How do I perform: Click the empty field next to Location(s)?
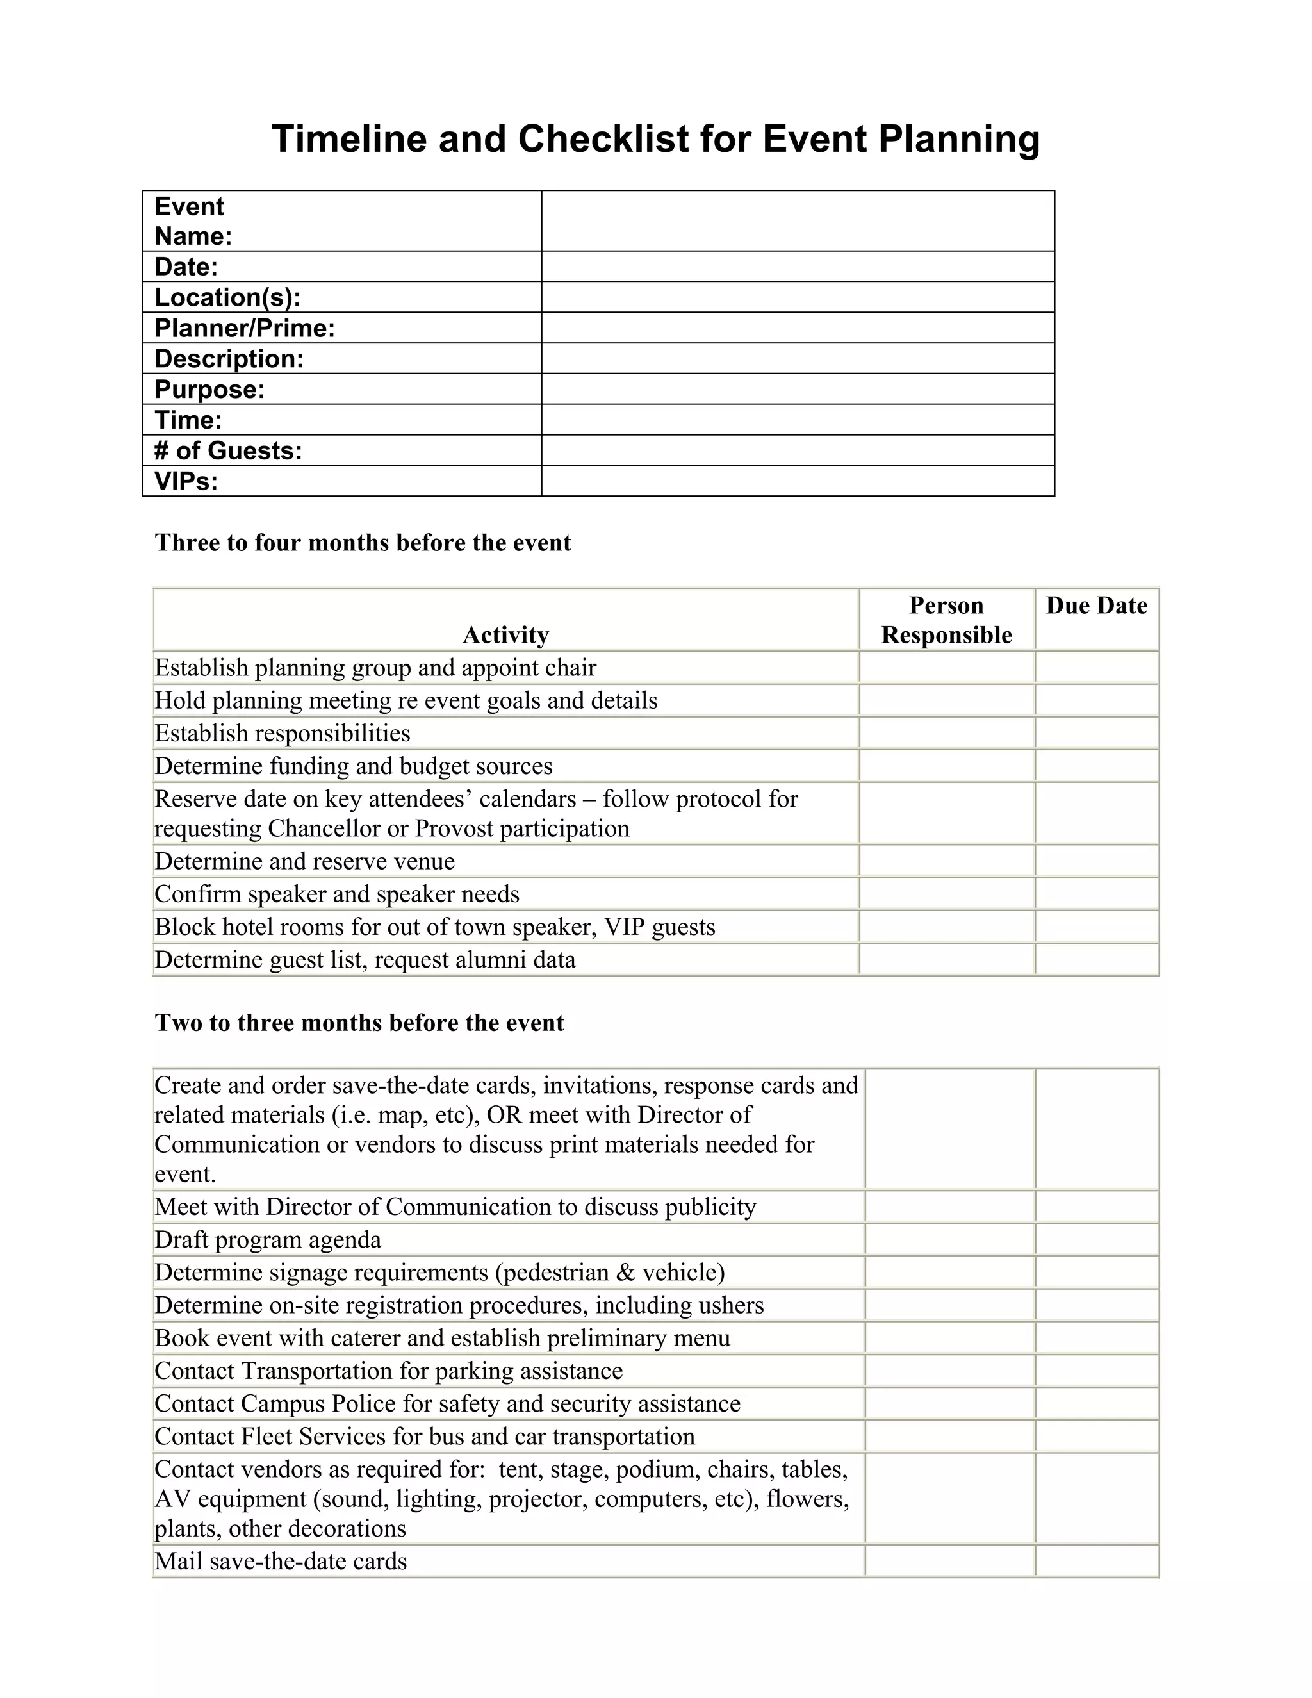(x=798, y=297)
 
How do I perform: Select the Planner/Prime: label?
(x=245, y=328)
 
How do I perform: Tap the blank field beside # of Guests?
(x=798, y=450)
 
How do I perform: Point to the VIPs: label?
(x=186, y=481)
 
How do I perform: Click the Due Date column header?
(x=1096, y=606)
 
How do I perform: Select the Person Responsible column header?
(x=946, y=620)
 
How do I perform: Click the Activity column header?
(x=505, y=635)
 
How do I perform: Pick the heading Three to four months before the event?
(x=362, y=543)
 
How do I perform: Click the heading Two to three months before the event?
(x=359, y=1023)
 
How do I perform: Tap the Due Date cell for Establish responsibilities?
(x=1096, y=733)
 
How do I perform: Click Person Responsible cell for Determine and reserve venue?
(x=946, y=861)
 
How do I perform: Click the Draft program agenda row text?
(x=268, y=1239)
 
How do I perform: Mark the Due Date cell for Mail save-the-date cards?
(x=1097, y=1561)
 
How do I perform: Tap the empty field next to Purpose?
(x=798, y=389)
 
